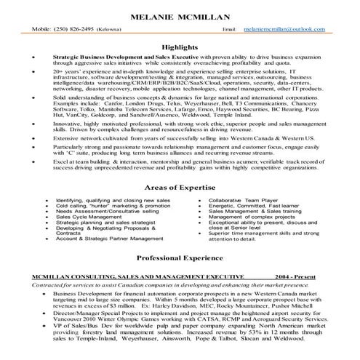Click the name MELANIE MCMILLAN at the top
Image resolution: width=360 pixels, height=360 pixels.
[x=180, y=16]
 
